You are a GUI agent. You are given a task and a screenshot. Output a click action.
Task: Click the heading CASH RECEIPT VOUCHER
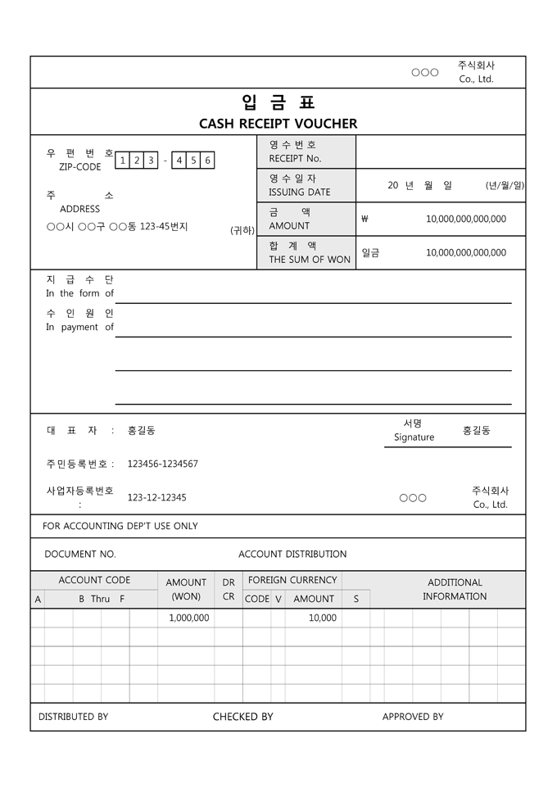click(278, 124)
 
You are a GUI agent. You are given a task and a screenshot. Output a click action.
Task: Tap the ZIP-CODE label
click(80, 167)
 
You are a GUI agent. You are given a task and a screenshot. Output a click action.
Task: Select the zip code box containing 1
click(122, 161)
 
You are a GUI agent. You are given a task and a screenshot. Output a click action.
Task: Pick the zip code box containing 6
click(207, 161)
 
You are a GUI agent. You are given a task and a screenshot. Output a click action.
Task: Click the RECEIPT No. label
click(295, 158)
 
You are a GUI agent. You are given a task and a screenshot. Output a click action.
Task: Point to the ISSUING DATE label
click(300, 192)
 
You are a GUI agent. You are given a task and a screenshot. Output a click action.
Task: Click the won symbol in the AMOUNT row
click(365, 219)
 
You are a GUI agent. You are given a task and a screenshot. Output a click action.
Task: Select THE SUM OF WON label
click(310, 260)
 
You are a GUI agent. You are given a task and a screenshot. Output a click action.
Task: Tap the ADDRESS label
click(80, 209)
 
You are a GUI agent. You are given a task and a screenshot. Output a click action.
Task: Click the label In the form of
click(80, 293)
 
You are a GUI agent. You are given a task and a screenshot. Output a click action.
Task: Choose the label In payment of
click(80, 327)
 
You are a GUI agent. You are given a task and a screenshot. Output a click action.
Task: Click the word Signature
click(414, 437)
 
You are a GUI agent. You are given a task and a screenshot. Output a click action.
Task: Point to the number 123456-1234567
click(162, 464)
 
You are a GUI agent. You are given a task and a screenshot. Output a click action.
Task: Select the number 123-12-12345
click(156, 497)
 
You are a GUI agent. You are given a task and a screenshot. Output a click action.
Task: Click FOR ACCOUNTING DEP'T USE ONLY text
click(120, 526)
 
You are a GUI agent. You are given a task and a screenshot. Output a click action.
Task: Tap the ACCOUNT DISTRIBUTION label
click(292, 554)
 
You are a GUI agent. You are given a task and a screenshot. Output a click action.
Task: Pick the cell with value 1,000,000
click(188, 618)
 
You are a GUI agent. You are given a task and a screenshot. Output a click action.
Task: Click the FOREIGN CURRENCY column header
click(292, 580)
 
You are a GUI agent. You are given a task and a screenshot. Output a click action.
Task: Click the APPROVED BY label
click(413, 717)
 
